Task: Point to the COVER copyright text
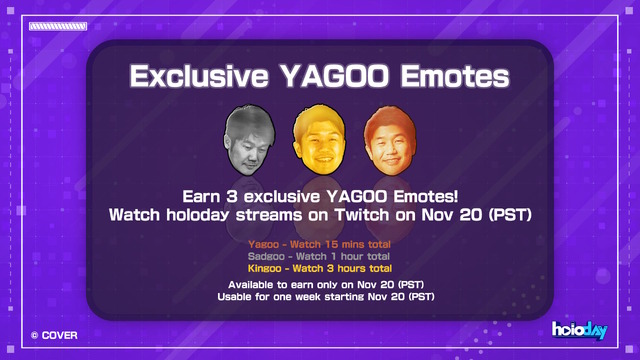click(54, 335)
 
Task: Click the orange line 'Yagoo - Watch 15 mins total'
click(319, 244)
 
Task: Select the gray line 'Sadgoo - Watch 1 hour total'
click(319, 256)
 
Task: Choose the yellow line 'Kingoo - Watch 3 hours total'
click(319, 268)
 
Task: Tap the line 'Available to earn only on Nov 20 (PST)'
click(319, 285)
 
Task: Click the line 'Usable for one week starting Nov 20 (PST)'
click(319, 297)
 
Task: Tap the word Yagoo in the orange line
click(264, 244)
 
